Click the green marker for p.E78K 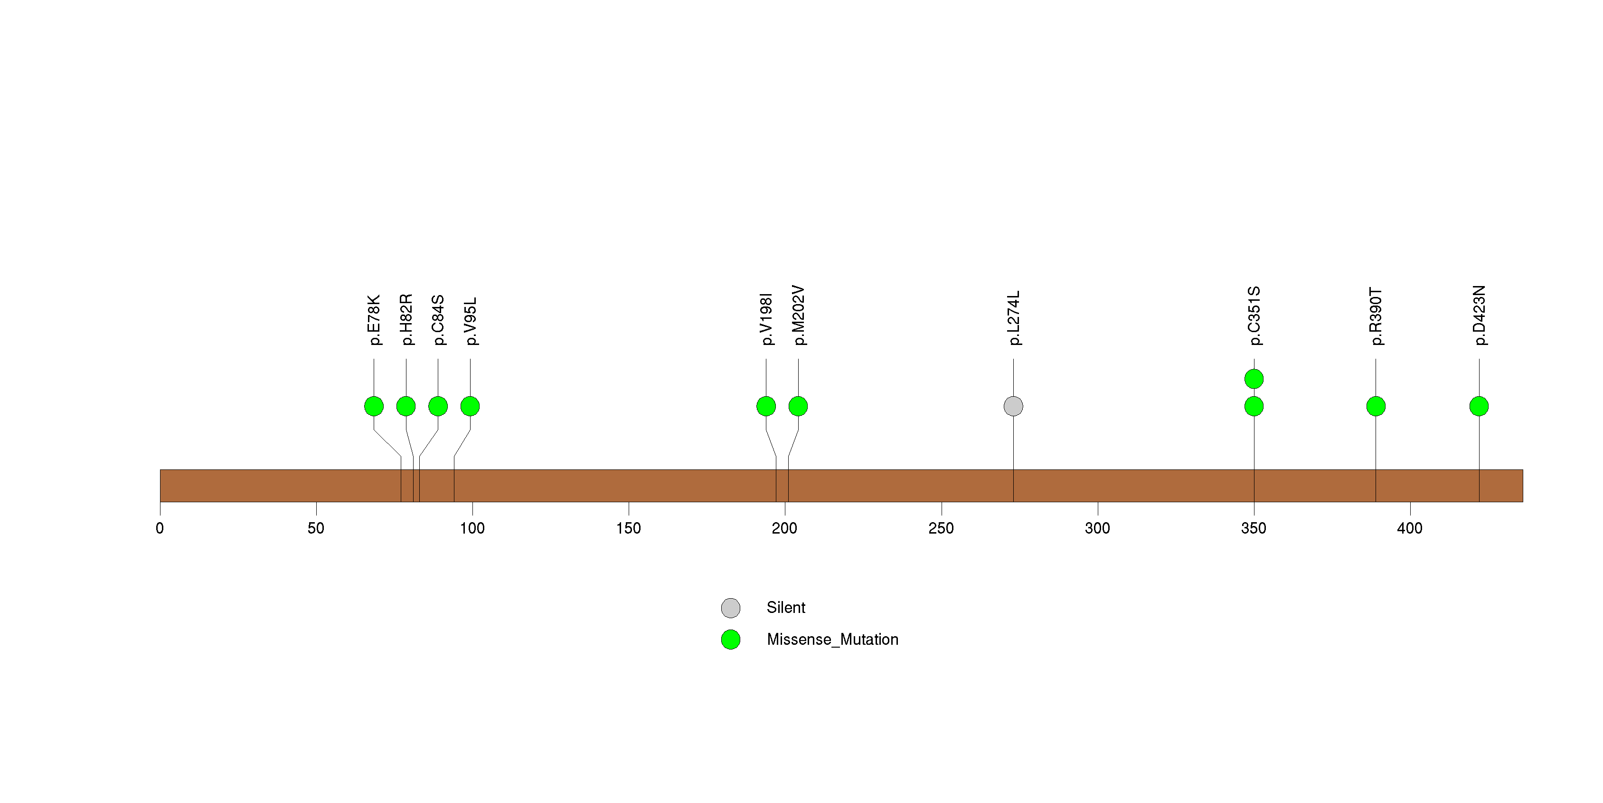374,406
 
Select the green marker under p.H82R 405,406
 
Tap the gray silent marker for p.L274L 1013,406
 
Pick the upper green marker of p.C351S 1254,379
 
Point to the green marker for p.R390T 1376,406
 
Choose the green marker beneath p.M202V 798,406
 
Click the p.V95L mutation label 471,321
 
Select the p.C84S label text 438,320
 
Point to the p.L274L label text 1014,318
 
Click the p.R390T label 1376,316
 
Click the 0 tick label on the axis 160,528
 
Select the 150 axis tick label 629,528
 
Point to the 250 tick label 941,528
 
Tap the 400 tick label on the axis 1409,528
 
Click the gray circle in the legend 731,608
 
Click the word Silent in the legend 786,608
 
